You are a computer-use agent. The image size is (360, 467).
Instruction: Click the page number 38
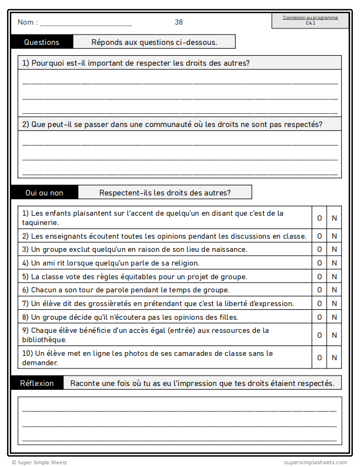pyautogui.click(x=179, y=22)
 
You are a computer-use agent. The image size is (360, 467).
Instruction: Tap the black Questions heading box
pyautogui.click(x=42, y=42)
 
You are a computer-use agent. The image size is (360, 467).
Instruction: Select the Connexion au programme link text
pyautogui.click(x=310, y=18)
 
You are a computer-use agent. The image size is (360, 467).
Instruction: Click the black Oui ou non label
pyautogui.click(x=44, y=193)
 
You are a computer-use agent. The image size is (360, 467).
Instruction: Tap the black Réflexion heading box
pyautogui.click(x=37, y=383)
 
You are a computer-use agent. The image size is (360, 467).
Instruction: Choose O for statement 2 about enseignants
pyautogui.click(x=319, y=236)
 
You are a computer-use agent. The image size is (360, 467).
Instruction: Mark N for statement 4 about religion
pyautogui.click(x=334, y=263)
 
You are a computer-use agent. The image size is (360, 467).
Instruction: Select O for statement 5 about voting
pyautogui.click(x=319, y=276)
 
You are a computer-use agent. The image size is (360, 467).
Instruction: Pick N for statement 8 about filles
pyautogui.click(x=334, y=317)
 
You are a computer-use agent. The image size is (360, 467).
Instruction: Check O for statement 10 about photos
pyautogui.click(x=319, y=358)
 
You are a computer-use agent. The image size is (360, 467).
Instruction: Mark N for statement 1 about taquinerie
pyautogui.click(x=334, y=218)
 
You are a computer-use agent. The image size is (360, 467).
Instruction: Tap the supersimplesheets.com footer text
pyautogui.click(x=315, y=463)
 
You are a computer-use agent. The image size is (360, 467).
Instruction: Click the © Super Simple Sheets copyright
pyautogui.click(x=39, y=463)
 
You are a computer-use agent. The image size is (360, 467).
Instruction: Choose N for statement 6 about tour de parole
pyautogui.click(x=334, y=290)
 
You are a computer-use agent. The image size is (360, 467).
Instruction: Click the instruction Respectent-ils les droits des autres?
pyautogui.click(x=165, y=193)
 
